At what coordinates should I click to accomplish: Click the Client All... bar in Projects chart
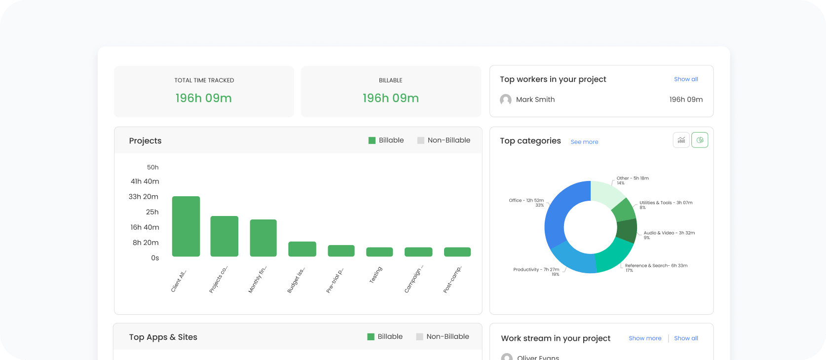(186, 226)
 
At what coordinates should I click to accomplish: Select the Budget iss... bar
(302, 249)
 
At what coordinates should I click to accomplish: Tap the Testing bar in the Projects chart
(379, 252)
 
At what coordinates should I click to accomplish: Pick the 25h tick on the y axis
(152, 212)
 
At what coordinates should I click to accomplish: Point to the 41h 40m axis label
(145, 181)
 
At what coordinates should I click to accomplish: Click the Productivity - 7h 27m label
(536, 270)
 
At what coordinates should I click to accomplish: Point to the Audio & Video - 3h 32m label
(669, 233)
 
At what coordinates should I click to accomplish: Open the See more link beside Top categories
(584, 142)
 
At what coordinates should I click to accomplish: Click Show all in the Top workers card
(686, 79)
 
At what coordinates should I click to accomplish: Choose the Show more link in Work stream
(645, 338)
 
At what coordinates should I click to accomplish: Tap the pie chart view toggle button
(699, 140)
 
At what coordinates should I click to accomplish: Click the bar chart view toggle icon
(681, 140)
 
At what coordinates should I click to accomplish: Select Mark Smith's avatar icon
(505, 100)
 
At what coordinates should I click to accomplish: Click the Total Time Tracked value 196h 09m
(203, 98)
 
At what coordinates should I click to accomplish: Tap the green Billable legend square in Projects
(372, 141)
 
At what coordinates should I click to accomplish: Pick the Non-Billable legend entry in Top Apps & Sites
(443, 337)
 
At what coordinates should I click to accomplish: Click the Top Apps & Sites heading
(163, 337)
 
